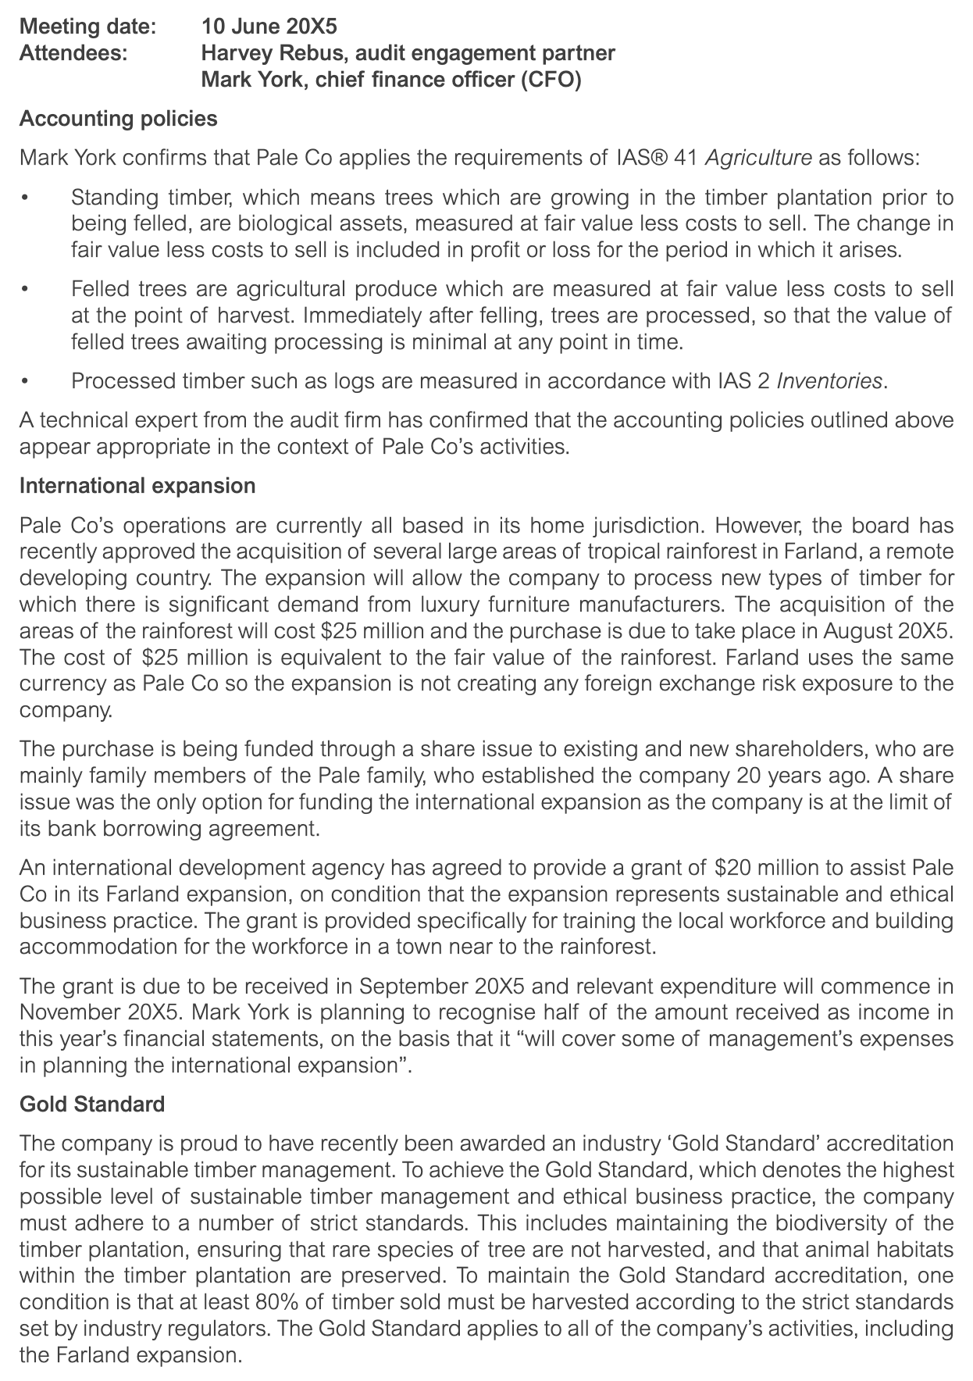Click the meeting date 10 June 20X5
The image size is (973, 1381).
click(x=269, y=27)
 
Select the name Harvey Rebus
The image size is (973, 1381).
click(x=262, y=53)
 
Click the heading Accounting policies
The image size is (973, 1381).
click(x=118, y=119)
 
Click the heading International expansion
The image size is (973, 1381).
click(x=137, y=486)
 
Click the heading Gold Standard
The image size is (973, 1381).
click(x=91, y=1104)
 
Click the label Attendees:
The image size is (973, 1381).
click(x=75, y=53)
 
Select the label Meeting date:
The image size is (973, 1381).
click(x=87, y=27)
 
